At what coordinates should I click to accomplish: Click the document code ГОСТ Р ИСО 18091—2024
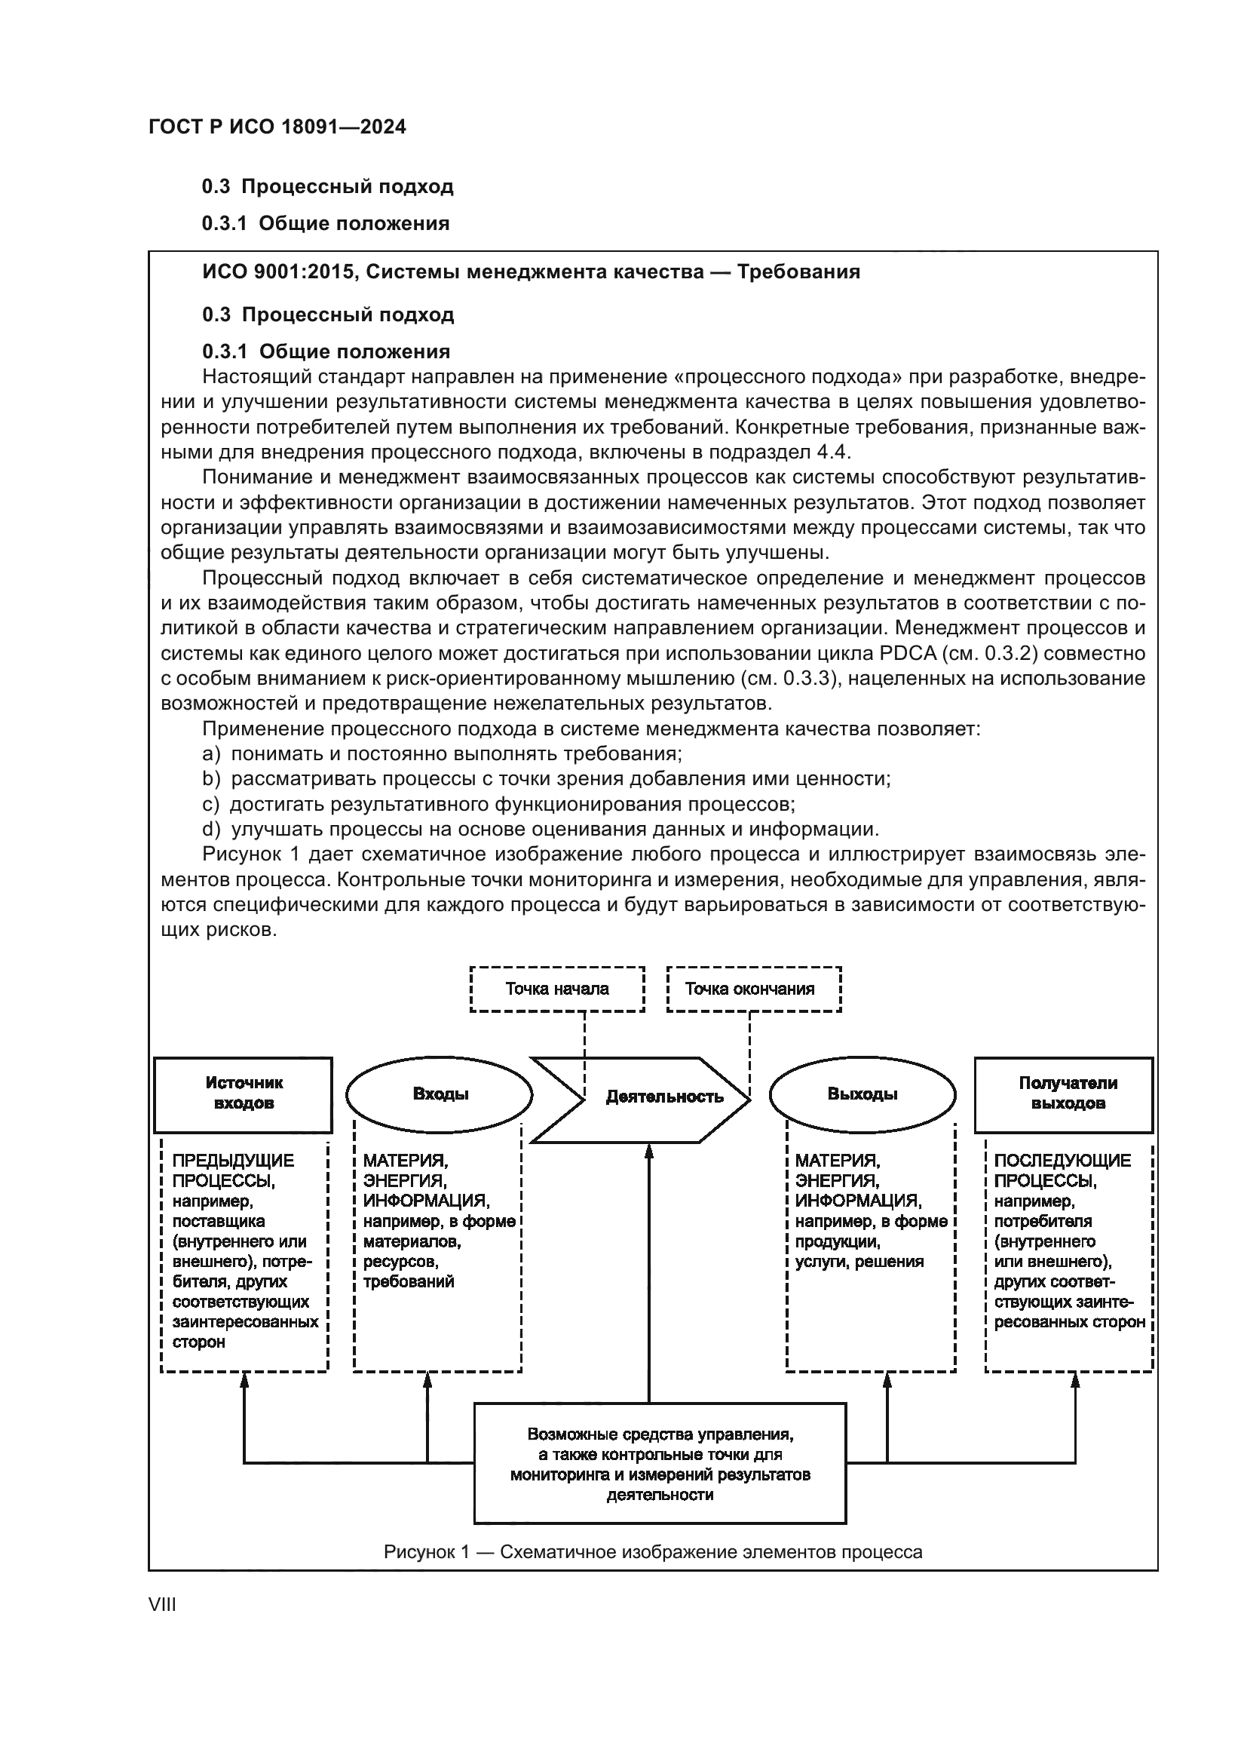tap(277, 127)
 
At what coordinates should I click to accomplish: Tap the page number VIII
tap(162, 1605)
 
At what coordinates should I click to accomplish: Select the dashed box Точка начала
tap(556, 989)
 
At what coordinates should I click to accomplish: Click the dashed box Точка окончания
tap(753, 989)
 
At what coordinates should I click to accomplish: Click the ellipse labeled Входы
tap(440, 1094)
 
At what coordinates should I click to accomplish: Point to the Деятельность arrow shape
tap(663, 1097)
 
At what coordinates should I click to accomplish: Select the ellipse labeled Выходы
tap(862, 1094)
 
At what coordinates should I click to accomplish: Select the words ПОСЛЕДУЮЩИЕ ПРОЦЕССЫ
tap(1062, 1171)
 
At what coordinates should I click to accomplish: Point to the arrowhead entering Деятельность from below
tap(649, 1151)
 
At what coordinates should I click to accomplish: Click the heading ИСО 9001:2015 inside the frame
tap(531, 272)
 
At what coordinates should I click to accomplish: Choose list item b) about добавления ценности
tap(545, 779)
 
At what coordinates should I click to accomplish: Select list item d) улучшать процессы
tap(540, 830)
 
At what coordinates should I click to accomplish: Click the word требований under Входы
tap(409, 1282)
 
